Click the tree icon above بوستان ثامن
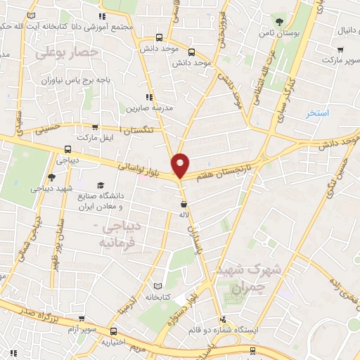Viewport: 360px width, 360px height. [x=280, y=20]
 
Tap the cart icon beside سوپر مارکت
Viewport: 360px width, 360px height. [x=340, y=50]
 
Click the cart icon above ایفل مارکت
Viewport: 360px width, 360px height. [x=95, y=127]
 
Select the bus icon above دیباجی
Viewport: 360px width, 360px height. [x=67, y=149]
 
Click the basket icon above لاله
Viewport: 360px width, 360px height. [x=183, y=203]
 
